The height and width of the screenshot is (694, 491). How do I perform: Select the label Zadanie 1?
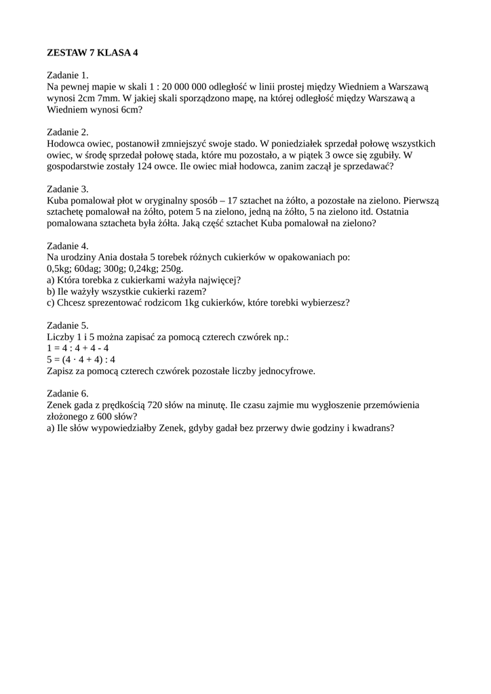click(x=68, y=75)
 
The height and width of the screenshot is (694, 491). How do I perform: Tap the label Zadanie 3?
click(x=68, y=189)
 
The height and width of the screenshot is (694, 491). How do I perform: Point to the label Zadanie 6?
click(x=68, y=393)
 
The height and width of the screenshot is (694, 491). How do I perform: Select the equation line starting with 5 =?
click(x=81, y=360)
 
